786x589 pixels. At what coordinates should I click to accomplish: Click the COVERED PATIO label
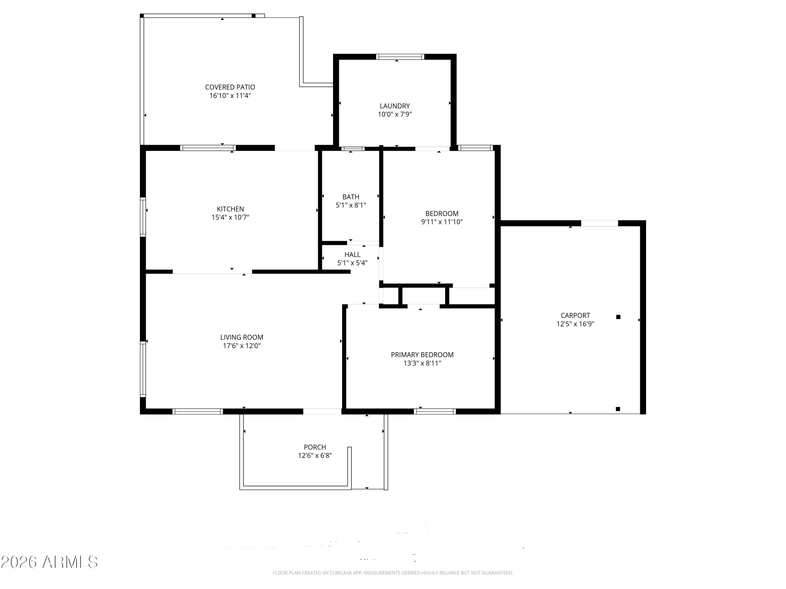click(230, 87)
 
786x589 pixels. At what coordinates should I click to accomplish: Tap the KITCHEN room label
click(230, 209)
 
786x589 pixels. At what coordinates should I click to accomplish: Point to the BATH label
click(351, 197)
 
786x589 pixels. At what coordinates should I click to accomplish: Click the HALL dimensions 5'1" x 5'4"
click(352, 263)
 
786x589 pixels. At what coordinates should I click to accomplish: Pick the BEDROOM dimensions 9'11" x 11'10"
click(442, 222)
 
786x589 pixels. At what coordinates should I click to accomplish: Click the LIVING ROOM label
click(242, 337)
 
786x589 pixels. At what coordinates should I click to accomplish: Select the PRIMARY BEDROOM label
click(422, 355)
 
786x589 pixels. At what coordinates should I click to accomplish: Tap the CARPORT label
click(575, 315)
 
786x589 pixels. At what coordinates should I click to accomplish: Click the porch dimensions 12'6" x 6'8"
click(315, 455)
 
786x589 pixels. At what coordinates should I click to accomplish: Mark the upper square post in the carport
click(618, 317)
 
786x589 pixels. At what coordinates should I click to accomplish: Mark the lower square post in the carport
click(618, 409)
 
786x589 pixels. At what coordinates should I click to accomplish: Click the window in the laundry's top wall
click(400, 57)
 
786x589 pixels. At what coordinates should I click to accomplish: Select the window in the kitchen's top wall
click(208, 148)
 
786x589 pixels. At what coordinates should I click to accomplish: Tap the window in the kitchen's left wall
click(143, 217)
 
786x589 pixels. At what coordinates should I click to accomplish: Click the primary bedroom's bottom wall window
click(435, 412)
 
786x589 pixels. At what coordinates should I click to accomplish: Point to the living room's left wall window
click(143, 369)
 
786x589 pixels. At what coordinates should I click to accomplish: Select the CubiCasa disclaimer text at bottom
click(393, 573)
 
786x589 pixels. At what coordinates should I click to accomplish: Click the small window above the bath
click(353, 149)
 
